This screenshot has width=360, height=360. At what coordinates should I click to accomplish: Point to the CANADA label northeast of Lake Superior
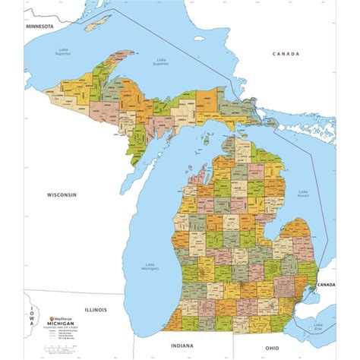coord(287,54)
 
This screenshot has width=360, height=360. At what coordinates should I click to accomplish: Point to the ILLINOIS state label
coord(96,310)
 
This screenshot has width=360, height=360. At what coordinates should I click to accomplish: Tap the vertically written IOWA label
coord(32,311)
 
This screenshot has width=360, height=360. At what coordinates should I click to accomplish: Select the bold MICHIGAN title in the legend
coord(62,325)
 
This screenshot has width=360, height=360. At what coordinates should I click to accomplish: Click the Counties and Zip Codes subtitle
coord(62,330)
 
